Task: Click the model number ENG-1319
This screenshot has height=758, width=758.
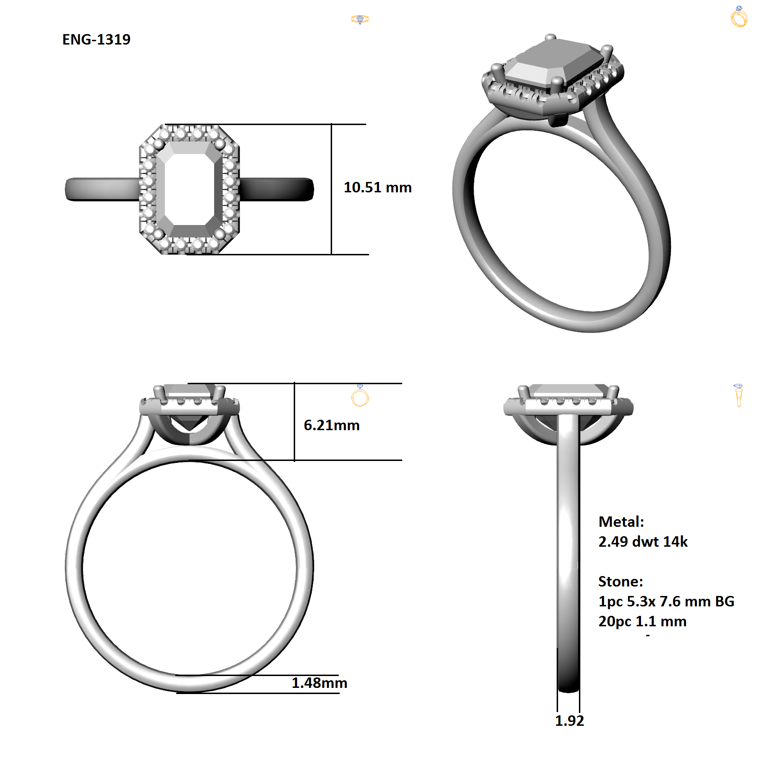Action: coord(96,39)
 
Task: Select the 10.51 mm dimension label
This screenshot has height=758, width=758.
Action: coord(378,187)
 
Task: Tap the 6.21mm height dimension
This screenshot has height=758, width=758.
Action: coord(332,425)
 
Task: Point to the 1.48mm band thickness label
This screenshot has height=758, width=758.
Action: coord(319,683)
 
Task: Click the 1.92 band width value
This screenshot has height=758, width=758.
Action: coord(569,721)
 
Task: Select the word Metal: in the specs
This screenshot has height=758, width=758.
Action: coord(621,522)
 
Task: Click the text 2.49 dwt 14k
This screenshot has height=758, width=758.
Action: coord(643,541)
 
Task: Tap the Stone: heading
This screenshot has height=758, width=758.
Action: coord(621,581)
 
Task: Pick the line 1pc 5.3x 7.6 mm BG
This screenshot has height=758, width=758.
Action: coord(666,601)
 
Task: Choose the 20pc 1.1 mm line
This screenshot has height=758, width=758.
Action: coord(642,621)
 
